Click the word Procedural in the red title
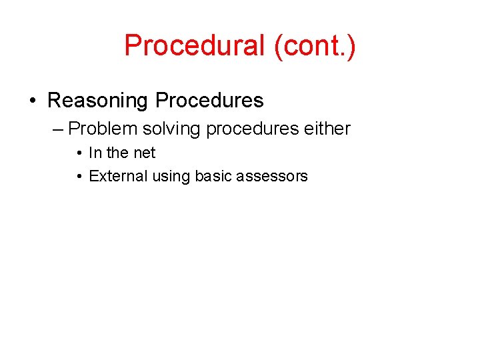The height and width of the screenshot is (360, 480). (x=195, y=46)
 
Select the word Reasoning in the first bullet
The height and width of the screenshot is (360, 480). (x=98, y=101)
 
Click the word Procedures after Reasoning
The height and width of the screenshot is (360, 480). (x=209, y=101)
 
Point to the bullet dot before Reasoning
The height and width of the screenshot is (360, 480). (x=33, y=101)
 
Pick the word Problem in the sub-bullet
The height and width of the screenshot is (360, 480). (x=101, y=129)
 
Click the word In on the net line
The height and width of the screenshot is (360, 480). (x=95, y=153)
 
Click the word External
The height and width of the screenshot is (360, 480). (x=118, y=177)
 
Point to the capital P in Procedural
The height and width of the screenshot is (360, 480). (x=132, y=46)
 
